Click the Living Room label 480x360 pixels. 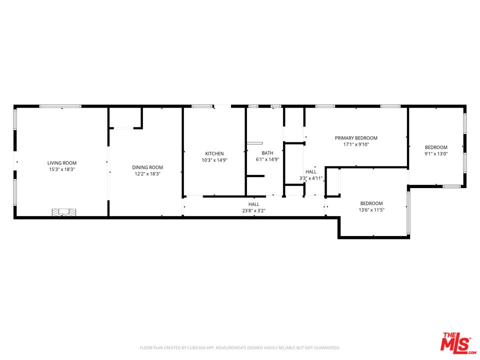click(62, 163)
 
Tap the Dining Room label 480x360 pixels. click(147, 167)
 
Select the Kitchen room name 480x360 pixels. click(214, 153)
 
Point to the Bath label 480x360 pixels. click(267, 153)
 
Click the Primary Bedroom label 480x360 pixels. click(356, 138)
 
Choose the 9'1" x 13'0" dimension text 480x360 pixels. click(436, 154)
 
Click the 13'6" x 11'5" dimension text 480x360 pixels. click(371, 210)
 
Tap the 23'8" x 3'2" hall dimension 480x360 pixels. click(254, 211)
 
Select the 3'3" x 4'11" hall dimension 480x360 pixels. click(311, 178)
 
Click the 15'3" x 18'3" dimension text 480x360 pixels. click(62, 170)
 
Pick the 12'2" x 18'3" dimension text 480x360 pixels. click(147, 174)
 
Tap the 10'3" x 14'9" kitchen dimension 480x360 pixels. click(214, 160)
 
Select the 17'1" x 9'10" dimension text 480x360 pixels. click(356, 144)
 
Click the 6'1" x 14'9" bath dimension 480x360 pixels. click(267, 160)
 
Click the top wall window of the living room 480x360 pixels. click(60, 106)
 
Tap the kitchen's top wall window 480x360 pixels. click(201, 106)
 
